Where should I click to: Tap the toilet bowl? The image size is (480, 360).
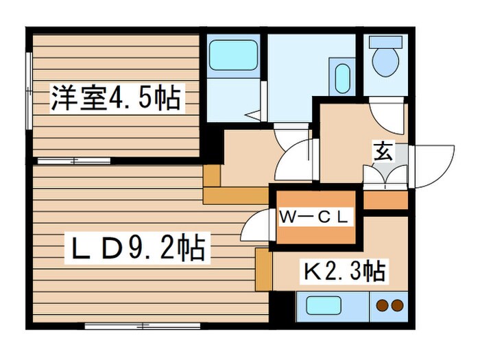(385, 63)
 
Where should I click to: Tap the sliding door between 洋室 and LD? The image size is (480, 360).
(73, 160)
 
